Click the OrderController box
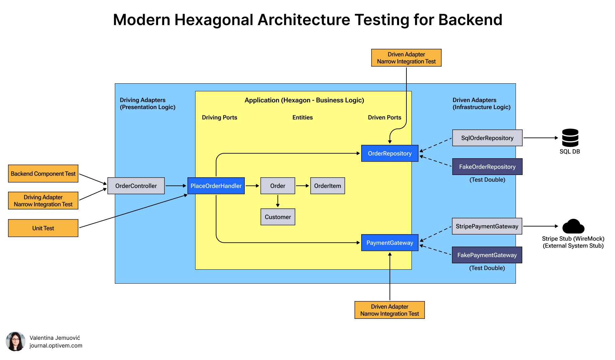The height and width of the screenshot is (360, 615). point(136,186)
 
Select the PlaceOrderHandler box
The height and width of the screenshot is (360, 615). point(216,186)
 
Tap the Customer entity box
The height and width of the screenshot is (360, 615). point(278,217)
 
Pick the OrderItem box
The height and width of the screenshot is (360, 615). point(327,186)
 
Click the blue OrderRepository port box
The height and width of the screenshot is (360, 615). point(390,153)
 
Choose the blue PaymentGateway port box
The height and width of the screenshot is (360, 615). point(390,243)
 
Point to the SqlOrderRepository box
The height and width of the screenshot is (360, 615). point(487,138)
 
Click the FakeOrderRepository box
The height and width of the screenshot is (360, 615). point(487,167)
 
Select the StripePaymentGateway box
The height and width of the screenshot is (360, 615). point(487,226)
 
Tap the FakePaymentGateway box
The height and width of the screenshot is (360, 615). point(487,255)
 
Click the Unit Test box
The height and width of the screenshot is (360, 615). point(43,228)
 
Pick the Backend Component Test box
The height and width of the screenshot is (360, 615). point(43,174)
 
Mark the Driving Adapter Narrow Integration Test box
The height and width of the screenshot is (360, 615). point(43,201)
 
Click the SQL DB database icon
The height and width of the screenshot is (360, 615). point(570,138)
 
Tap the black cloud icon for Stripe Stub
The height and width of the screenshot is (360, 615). point(573,227)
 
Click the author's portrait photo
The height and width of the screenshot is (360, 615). point(15,341)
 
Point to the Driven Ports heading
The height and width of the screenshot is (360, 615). point(384,117)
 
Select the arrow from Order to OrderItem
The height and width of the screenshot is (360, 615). point(303,186)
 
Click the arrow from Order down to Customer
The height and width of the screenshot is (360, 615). point(278,201)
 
